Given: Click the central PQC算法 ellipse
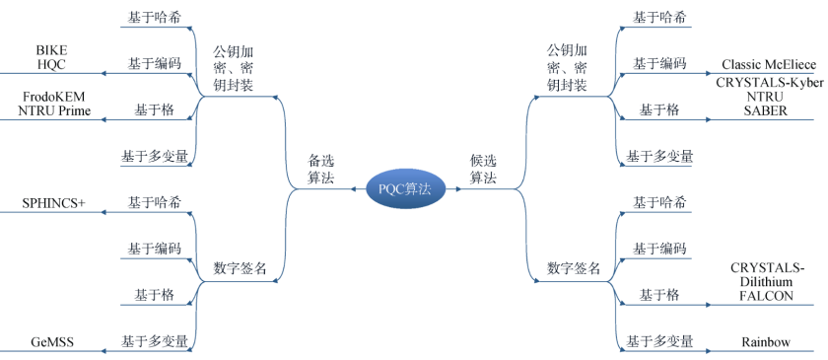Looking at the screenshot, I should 404,188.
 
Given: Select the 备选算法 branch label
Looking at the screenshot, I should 321,169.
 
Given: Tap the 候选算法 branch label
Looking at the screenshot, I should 483,169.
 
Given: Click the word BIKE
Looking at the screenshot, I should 51,49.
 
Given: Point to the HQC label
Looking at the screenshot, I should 51,64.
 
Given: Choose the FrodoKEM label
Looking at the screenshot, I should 54,97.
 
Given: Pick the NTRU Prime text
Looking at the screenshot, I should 54,111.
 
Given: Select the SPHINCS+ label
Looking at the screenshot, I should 54,204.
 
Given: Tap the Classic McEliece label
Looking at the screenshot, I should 768,64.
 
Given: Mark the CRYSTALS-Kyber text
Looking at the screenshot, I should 769,82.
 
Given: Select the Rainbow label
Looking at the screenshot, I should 766,342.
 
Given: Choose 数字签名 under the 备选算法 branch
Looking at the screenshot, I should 240,268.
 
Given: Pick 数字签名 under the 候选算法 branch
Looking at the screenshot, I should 574,268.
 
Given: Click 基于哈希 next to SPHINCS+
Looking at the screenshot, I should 154,202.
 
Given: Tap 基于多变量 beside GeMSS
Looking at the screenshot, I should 154,341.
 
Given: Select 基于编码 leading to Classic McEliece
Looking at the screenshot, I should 659,63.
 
